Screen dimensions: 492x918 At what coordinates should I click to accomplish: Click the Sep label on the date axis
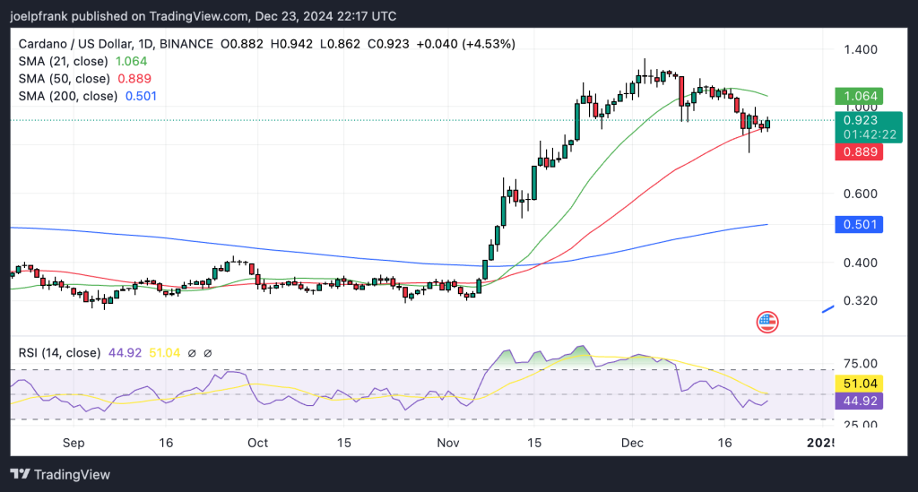pos(74,443)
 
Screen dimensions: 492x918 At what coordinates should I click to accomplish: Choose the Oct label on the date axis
pos(257,443)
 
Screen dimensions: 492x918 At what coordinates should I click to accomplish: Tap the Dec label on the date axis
pos(633,443)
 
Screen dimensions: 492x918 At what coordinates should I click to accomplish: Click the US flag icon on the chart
pos(767,323)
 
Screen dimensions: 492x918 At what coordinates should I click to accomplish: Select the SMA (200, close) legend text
pos(68,96)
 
